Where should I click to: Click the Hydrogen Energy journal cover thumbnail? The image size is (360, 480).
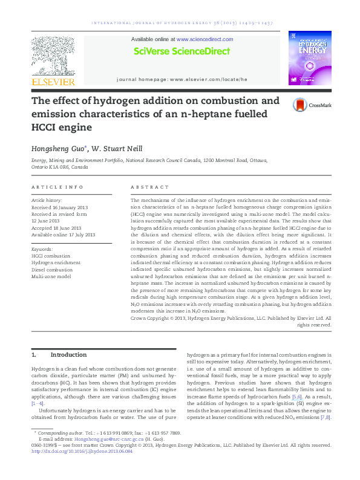tap(310, 57)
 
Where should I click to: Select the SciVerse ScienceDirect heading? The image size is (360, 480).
tap(182, 51)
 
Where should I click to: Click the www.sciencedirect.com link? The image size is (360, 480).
tap(208, 39)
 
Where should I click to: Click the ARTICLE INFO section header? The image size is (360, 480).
tap(57, 187)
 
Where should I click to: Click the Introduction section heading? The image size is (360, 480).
tap(68, 354)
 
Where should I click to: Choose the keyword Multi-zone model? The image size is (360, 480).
tap(51, 276)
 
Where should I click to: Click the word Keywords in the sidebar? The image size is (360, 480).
tap(42, 248)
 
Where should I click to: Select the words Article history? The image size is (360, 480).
tap(47, 199)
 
